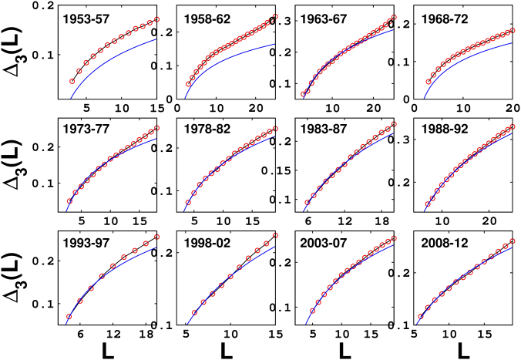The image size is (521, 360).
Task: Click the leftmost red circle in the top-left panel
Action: click(72, 81)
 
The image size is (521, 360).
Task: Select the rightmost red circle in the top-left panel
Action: click(156, 20)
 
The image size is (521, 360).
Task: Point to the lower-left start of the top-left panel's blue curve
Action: click(71, 97)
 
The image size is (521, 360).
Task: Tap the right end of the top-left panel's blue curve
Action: click(156, 39)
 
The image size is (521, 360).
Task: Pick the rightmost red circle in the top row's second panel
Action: click(275, 16)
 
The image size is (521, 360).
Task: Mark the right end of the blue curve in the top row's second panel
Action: click(274, 44)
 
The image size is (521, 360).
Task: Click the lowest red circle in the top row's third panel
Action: click(304, 95)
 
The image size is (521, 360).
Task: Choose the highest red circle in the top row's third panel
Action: click(394, 18)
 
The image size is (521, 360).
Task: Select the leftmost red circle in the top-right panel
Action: click(429, 82)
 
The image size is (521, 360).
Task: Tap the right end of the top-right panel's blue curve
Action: click(512, 43)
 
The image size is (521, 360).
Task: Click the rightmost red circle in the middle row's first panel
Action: click(156, 128)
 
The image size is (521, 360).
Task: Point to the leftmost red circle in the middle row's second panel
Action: click(187, 202)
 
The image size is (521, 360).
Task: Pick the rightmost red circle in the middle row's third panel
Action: click(394, 124)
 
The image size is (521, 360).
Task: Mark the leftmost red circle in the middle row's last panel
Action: click(427, 205)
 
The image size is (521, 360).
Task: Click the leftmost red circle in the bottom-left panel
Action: click(69, 316)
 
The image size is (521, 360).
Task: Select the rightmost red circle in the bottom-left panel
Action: click(156, 237)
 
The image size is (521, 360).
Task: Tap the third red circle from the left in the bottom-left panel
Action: click(91, 288)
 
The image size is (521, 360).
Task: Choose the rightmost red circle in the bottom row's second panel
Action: click(275, 236)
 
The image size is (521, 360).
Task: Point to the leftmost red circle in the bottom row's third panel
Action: click(312, 311)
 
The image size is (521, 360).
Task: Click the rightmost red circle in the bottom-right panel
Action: click(513, 241)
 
